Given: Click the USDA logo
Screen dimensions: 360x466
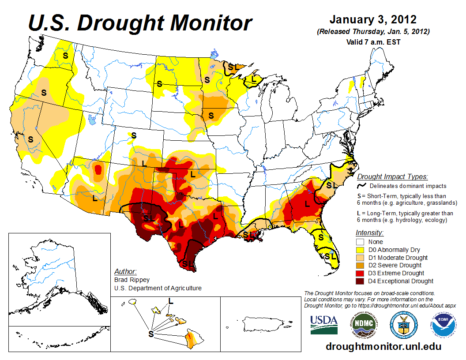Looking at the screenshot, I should tap(324, 325).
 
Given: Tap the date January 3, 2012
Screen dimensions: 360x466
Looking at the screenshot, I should tap(373, 20).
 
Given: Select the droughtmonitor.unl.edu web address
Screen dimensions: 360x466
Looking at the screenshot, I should tap(383, 347).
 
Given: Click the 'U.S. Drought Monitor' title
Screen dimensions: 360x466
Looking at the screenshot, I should tap(140, 22).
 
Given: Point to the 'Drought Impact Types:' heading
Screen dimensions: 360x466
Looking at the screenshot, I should tap(392, 177).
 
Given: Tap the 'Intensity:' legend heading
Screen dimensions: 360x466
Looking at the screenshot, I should tap(369, 232).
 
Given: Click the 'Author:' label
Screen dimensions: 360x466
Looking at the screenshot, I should tap(125, 271).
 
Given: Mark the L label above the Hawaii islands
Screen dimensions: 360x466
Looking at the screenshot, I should tap(171, 301).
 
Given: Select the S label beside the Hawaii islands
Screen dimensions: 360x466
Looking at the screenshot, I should tap(151, 334).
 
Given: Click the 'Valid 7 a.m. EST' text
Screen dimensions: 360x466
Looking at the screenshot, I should tap(373, 42).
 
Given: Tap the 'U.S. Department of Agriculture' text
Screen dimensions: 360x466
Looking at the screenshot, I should tap(158, 288).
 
